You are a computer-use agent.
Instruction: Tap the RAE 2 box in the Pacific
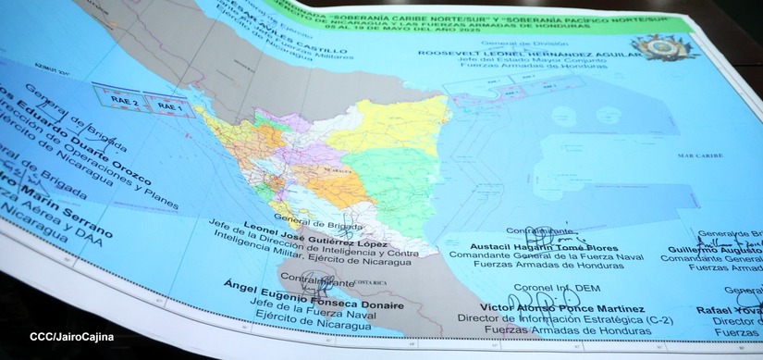122,103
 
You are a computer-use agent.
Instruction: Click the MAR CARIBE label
695,155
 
